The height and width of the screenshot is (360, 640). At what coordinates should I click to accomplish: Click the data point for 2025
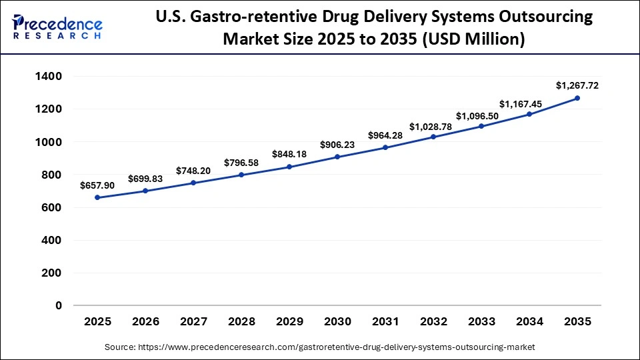coord(97,197)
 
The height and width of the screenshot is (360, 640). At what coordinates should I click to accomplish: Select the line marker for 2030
coord(337,157)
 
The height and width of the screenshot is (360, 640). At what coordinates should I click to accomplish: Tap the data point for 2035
coord(577,98)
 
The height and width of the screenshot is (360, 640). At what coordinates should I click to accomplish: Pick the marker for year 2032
coord(433,137)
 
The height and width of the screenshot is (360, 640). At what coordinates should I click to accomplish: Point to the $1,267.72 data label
coord(577,85)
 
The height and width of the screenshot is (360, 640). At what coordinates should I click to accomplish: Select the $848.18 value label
coord(289,154)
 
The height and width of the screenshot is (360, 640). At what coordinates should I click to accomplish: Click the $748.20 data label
coord(193,170)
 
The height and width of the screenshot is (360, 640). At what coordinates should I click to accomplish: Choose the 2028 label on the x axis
coord(241,321)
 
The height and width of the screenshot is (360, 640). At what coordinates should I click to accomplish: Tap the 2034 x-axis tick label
coord(529,321)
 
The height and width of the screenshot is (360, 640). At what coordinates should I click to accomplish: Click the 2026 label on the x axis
coord(145,321)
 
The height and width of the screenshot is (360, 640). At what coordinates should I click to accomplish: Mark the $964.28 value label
coord(385,135)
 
